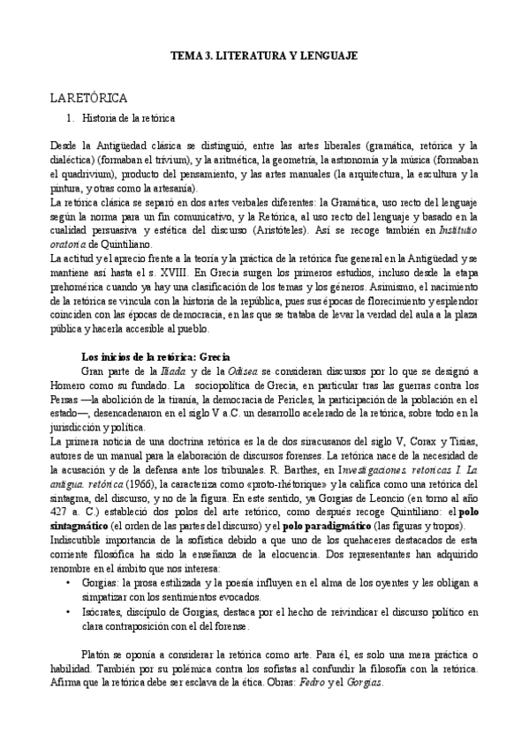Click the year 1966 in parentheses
pos(144,483)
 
